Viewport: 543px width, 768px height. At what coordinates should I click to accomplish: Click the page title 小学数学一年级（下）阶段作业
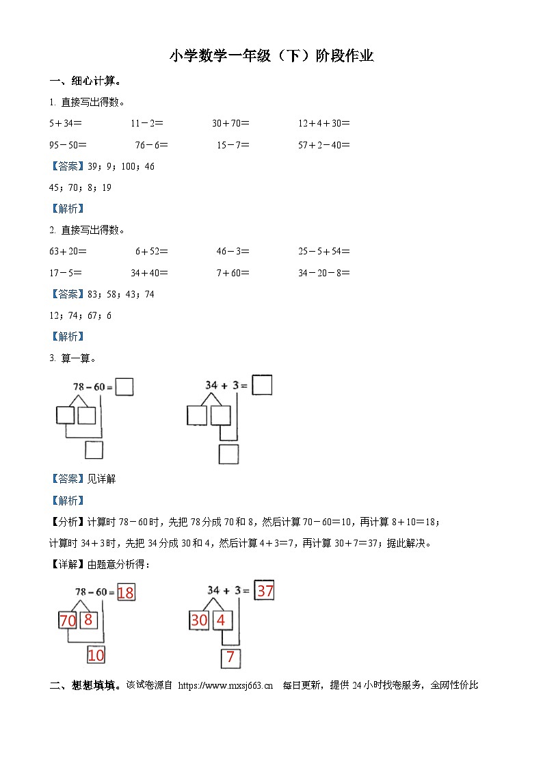(271, 56)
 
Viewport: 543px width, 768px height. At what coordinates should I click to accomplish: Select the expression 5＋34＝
(66, 124)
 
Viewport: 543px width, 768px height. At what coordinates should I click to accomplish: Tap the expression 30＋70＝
(230, 124)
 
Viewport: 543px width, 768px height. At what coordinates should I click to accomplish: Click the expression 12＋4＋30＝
(324, 124)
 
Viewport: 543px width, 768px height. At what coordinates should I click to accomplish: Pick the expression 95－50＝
(68, 145)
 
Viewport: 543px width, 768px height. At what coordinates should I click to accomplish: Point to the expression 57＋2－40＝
(324, 145)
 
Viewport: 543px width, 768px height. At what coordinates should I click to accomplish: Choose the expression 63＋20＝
(68, 251)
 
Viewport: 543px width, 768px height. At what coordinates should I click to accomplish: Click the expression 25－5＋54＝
(324, 251)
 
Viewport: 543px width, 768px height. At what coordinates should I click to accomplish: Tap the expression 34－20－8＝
(324, 273)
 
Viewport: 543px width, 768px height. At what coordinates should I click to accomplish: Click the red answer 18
(126, 592)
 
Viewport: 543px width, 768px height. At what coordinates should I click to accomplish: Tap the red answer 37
(265, 590)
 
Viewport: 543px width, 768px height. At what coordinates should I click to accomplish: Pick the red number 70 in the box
(68, 621)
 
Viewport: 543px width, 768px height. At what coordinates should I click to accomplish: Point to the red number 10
(96, 656)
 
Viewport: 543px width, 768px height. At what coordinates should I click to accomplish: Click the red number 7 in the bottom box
(230, 659)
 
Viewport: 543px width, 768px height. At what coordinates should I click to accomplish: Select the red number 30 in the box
(199, 620)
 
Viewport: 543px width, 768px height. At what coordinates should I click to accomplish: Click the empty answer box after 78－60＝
(124, 387)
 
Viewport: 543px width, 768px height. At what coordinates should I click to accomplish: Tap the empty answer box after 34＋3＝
(262, 385)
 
